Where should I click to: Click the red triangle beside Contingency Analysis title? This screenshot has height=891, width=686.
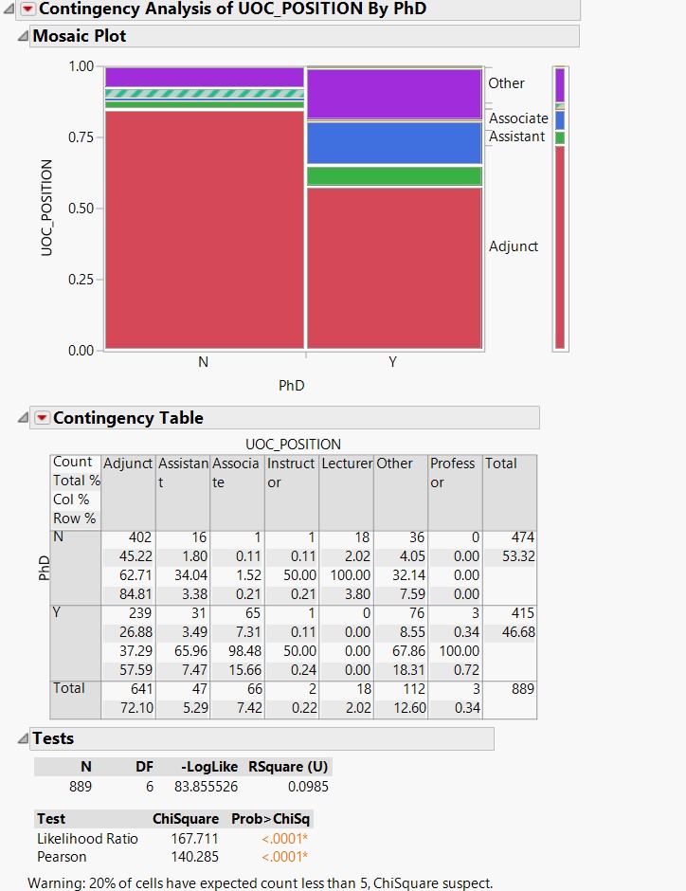tap(27, 9)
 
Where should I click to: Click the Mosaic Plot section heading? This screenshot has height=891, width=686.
tap(80, 36)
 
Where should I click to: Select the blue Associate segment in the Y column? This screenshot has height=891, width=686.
tap(394, 143)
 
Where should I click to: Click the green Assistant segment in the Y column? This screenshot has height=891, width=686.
tap(394, 176)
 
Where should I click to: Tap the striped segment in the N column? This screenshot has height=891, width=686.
tap(204, 93)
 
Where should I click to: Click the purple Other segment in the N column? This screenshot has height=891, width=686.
tap(204, 77)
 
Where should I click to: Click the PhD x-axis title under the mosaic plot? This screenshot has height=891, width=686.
tap(292, 386)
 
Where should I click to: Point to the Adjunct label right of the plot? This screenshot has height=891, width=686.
tap(513, 246)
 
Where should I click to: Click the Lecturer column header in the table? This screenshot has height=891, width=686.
tap(347, 464)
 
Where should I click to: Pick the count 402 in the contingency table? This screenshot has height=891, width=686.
tap(139, 536)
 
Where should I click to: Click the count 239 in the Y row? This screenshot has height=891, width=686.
tap(139, 612)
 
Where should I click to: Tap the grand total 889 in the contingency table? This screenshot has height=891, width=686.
tap(522, 688)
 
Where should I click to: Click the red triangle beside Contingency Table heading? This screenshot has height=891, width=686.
tap(42, 418)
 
